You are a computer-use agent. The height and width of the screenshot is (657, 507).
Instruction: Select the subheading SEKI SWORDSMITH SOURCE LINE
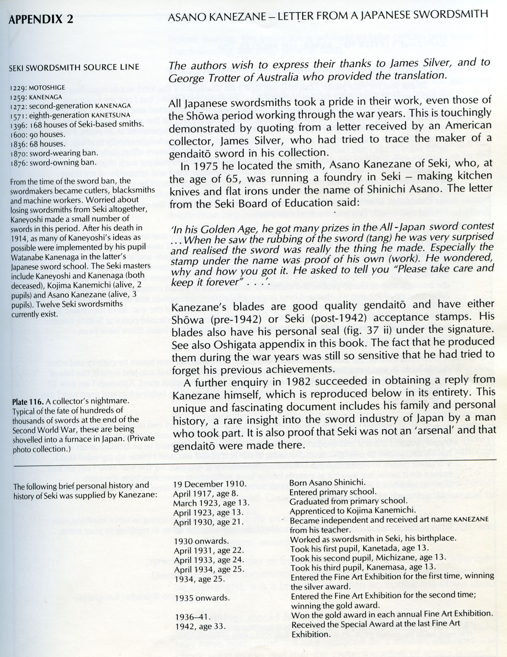pos(74,68)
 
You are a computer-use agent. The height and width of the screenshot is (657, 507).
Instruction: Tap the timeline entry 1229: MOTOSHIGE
pos(38,88)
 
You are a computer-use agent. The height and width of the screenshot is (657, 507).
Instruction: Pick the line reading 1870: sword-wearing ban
pos(54,153)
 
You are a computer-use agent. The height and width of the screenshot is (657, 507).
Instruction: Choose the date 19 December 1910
pos(209,484)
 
